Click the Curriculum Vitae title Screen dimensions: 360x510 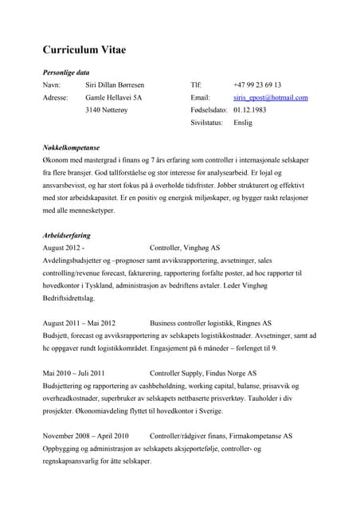click(x=84, y=49)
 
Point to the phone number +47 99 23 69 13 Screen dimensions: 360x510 click(x=257, y=84)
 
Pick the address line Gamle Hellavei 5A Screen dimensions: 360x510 click(x=114, y=97)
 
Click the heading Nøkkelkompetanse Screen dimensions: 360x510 click(x=71, y=148)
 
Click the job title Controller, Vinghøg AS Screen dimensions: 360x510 click(x=185, y=248)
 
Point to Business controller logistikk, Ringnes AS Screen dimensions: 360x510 click(x=210, y=324)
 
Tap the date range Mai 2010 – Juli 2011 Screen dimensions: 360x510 click(x=73, y=373)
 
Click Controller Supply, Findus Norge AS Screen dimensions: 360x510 click(x=202, y=373)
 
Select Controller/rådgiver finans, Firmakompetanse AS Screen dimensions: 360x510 click(x=221, y=436)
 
